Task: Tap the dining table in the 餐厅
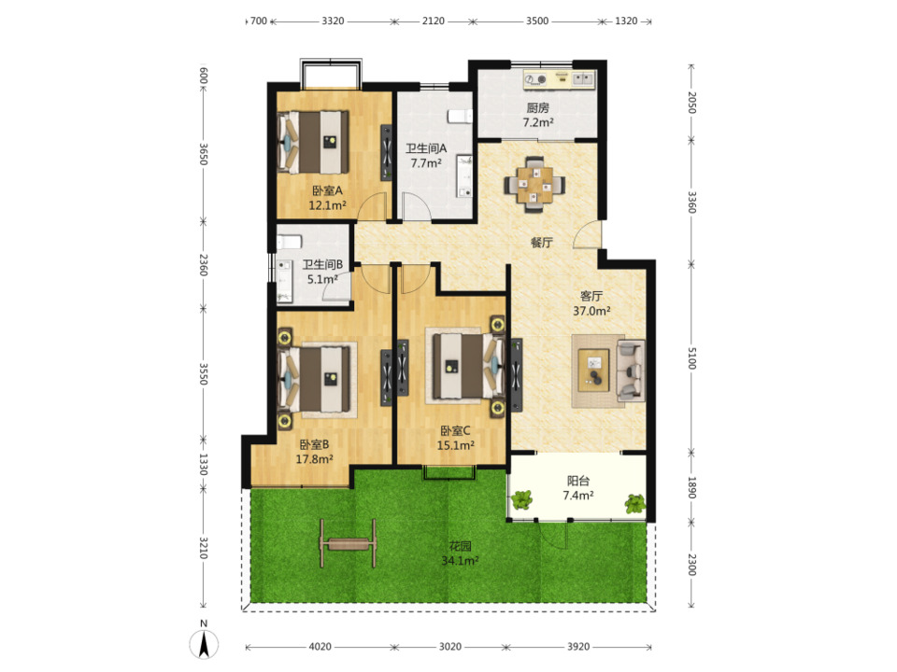pos(534,185)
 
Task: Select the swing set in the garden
pos(348,542)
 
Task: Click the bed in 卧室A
pos(313,142)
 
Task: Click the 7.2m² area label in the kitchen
pos(538,122)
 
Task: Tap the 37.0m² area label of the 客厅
pos(591,311)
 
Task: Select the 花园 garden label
pos(460,546)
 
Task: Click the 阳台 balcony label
pos(577,481)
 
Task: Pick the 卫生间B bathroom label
pos(322,264)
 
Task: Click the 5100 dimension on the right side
pos(691,357)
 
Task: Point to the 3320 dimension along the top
pos(333,21)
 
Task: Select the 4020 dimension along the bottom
pos(320,646)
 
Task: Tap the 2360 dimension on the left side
pos(204,264)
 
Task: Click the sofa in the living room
pos(630,370)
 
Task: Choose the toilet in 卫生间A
pos(460,116)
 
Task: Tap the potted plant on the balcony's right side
pos(635,503)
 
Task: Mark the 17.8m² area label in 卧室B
pos(314,459)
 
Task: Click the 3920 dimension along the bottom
pos(578,646)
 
